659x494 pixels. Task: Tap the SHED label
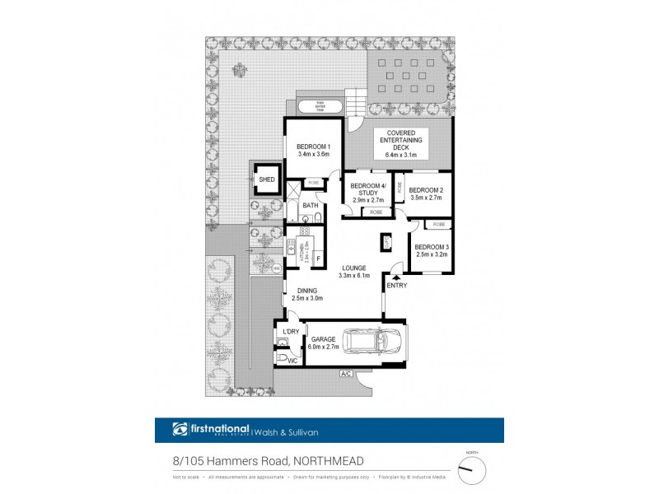[266, 179]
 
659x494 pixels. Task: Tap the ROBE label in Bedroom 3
[438, 224]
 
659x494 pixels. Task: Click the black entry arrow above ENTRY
[396, 277]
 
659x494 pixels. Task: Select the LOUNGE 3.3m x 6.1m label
[355, 271]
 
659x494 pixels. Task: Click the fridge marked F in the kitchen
[317, 259]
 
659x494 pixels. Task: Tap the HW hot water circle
[276, 268]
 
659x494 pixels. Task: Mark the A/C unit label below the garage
[346, 375]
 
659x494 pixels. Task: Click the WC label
[292, 361]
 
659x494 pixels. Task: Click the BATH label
[310, 205]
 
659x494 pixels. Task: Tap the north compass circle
[472, 469]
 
